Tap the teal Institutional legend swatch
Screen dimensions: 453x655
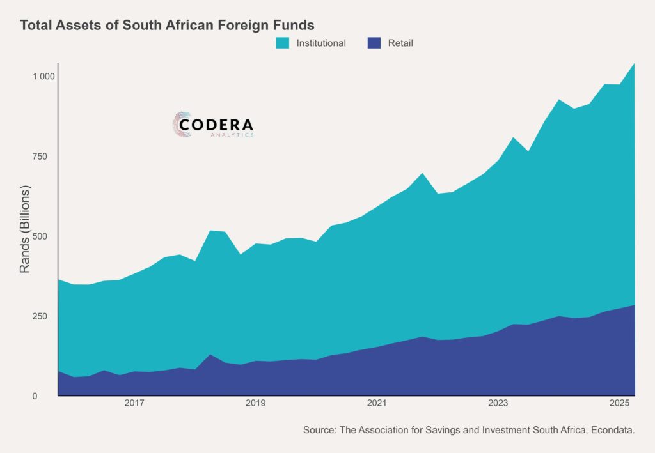[x=283, y=43]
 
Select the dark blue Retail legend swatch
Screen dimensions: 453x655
[x=374, y=43]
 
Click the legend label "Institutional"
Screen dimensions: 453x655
[x=321, y=43]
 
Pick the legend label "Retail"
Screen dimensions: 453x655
[x=400, y=43]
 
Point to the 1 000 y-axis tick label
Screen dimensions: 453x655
[x=44, y=77]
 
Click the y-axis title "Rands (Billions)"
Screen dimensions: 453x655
[x=25, y=230]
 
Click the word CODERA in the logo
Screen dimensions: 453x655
[x=216, y=125]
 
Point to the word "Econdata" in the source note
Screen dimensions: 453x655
[x=611, y=431]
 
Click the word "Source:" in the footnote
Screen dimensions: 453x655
[x=319, y=431]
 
